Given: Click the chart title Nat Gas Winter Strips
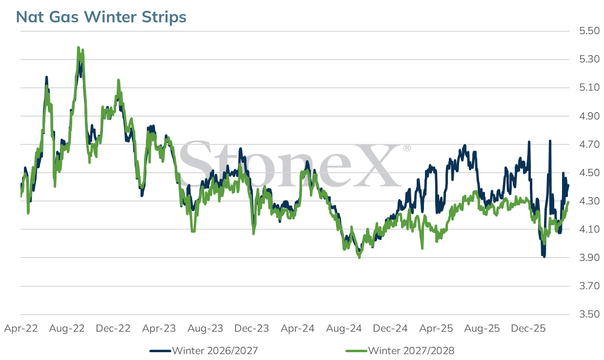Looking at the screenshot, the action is tap(101, 17).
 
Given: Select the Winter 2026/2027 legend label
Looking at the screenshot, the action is tap(215, 351).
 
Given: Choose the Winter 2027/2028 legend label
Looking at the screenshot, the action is tap(411, 351).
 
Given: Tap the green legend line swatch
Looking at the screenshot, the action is tap(357, 351).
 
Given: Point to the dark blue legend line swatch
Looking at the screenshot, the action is tap(161, 351).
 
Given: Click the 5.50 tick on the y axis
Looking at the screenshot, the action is tap(589, 31).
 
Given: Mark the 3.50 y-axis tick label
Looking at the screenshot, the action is tap(589, 314).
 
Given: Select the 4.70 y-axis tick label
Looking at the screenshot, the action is tap(589, 144).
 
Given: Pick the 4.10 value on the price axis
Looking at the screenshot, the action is tap(589, 229).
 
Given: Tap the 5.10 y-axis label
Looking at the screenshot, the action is tap(589, 87).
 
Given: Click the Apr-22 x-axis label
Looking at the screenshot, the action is tap(21, 328).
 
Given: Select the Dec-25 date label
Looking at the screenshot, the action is tap(528, 328).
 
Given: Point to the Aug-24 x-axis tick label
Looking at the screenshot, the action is tap(344, 328).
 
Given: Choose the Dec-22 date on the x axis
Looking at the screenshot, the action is tap(113, 328).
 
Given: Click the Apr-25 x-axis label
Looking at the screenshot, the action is tap(436, 328).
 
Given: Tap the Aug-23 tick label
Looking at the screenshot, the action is tap(205, 328).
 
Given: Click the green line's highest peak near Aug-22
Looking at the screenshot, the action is tap(78, 47).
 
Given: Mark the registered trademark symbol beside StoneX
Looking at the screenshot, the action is tap(407, 148).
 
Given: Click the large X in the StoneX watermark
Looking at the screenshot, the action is tap(377, 165).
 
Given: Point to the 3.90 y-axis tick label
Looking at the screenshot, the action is tap(589, 258).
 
